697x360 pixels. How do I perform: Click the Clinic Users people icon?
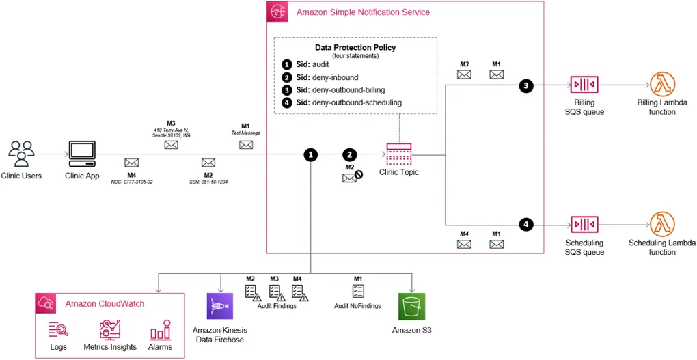click(x=22, y=154)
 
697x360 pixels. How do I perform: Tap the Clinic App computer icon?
click(x=83, y=154)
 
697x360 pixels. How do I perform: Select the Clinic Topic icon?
click(x=398, y=154)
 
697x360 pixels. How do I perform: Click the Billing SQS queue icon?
click(x=584, y=85)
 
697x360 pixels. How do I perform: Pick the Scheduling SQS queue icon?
click(x=584, y=225)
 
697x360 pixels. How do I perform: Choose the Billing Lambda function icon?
click(x=661, y=85)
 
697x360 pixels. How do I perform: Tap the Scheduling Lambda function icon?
click(x=661, y=225)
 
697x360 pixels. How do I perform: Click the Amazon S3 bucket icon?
click(x=411, y=307)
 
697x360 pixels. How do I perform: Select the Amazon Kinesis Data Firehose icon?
click(x=220, y=307)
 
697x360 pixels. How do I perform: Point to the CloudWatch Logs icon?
click(x=58, y=331)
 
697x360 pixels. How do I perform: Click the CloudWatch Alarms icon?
click(x=159, y=331)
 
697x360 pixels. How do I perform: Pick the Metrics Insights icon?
click(x=109, y=331)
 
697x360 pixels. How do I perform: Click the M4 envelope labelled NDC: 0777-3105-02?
click(x=132, y=163)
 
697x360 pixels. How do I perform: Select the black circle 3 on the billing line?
click(x=525, y=86)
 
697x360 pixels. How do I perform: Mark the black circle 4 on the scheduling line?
click(x=525, y=224)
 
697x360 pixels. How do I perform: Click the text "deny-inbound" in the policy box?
click(x=335, y=77)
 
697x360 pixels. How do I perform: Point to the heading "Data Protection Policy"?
click(x=355, y=48)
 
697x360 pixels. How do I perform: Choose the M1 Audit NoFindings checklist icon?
click(x=357, y=291)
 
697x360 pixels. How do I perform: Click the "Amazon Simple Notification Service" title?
click(x=363, y=12)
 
